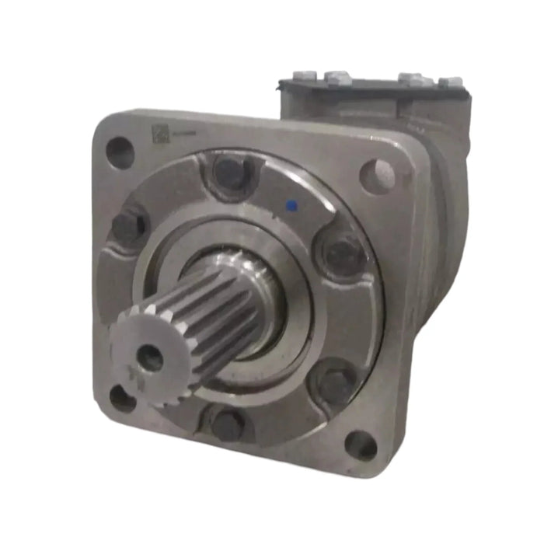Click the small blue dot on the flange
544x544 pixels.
click(x=292, y=206)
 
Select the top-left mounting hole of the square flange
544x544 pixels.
click(x=119, y=152)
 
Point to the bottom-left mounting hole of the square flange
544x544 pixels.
click(x=122, y=398)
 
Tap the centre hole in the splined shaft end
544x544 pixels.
click(x=149, y=357)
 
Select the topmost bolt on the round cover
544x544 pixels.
click(x=229, y=173)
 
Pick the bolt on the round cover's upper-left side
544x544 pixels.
click(x=129, y=227)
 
